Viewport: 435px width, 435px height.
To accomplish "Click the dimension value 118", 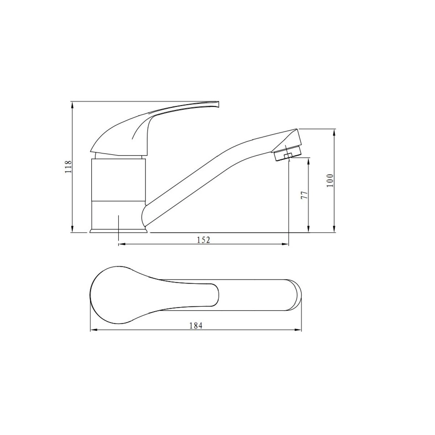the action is [68, 167].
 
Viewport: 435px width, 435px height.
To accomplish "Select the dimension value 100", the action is [330, 180].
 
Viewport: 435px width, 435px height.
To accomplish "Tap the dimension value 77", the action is [304, 195].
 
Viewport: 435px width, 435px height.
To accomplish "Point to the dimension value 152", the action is [203, 240].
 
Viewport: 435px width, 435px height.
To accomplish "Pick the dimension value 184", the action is [196, 326].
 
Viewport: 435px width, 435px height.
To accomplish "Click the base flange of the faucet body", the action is [119, 231].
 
